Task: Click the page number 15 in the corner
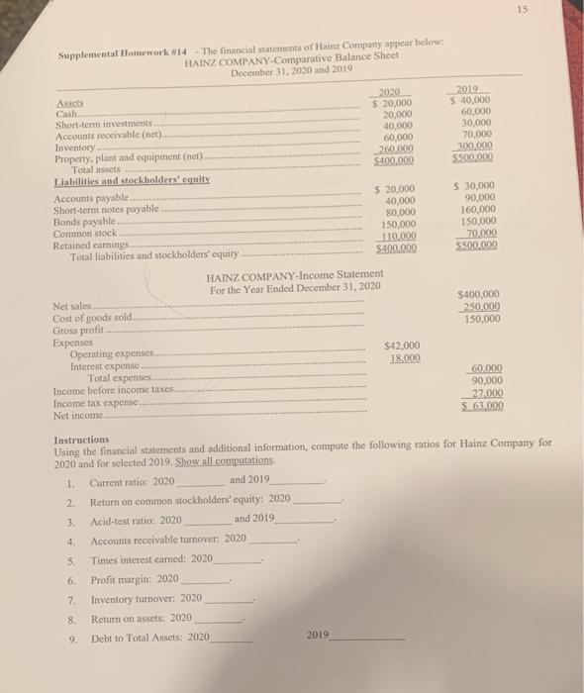tap(564, 12)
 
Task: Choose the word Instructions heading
tap(82, 439)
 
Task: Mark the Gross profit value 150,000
tap(481, 319)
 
